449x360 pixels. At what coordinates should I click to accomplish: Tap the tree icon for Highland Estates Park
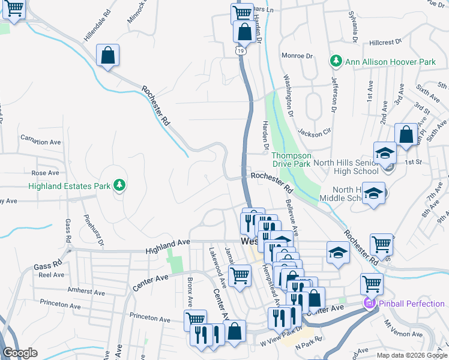(x=120, y=185)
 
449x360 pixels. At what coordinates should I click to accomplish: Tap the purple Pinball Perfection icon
(x=369, y=304)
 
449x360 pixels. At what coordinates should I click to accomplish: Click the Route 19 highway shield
(x=240, y=52)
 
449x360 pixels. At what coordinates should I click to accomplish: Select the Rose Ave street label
(x=46, y=173)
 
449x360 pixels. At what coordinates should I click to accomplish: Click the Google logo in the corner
(x=20, y=353)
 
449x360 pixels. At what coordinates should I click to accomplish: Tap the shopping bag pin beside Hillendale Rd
(x=107, y=55)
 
